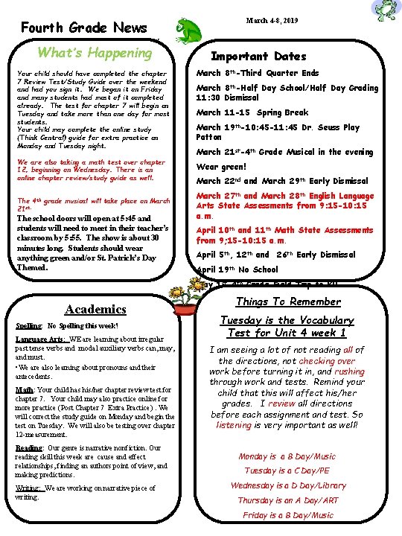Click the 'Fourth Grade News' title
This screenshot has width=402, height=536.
[83, 28]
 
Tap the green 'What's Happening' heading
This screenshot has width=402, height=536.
[95, 53]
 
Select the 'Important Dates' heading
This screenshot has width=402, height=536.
[258, 56]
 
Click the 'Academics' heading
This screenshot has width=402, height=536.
[96, 309]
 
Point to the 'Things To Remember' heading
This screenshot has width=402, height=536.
[287, 301]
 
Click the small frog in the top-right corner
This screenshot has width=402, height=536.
[385, 10]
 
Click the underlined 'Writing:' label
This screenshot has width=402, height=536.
[28, 488]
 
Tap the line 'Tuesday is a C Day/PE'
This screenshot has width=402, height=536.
[288, 470]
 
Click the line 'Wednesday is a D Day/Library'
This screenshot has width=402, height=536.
[288, 485]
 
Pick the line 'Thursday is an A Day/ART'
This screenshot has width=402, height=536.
[288, 500]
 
